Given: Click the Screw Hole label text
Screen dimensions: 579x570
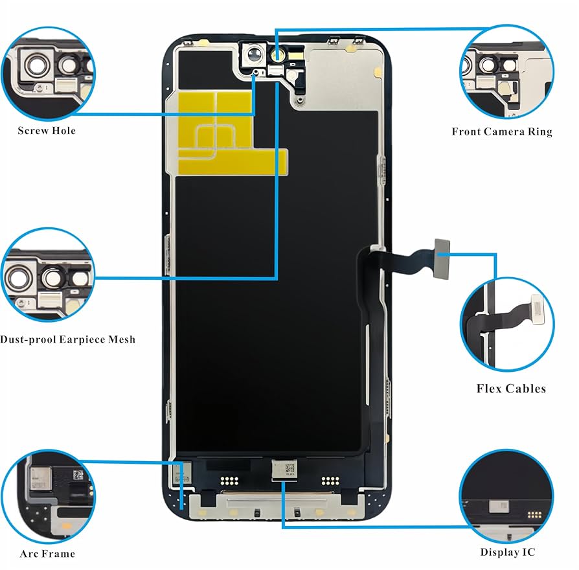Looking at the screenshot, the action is tap(47, 131).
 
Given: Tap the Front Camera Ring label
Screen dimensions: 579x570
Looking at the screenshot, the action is tap(502, 132).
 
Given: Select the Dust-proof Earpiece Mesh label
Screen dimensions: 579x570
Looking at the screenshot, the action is tap(68, 339).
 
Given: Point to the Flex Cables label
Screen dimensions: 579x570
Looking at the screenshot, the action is tap(511, 389).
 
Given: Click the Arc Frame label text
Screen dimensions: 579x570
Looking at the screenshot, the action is tap(47, 554).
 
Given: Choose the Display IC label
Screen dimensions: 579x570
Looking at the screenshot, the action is tap(508, 553).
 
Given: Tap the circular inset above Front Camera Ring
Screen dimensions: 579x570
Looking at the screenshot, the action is tap(506, 71).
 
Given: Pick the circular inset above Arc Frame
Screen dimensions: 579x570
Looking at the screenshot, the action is tap(48, 497).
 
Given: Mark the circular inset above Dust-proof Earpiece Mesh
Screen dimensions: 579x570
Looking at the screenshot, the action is tap(48, 275).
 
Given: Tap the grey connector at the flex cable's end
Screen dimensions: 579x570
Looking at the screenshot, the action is tap(442, 247).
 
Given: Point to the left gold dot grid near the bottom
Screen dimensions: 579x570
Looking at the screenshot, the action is tap(227, 481).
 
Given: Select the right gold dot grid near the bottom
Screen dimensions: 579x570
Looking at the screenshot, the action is tap(331, 481).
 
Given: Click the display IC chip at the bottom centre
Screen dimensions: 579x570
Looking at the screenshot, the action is tap(283, 468).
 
